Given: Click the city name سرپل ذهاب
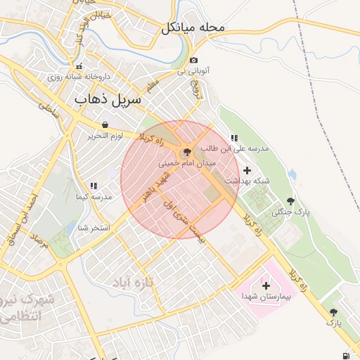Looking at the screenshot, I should point(108,100).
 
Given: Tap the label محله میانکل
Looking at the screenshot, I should point(193,27).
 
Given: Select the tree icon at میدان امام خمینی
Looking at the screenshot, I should point(187,151).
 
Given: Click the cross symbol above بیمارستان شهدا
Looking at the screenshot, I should point(266,285).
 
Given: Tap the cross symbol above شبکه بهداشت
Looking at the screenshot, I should point(247,170).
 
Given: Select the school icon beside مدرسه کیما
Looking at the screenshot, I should point(94,186).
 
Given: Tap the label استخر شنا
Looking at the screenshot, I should point(93,227).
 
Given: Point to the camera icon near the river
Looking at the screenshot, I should point(194,60).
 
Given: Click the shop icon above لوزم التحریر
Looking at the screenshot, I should point(105,124).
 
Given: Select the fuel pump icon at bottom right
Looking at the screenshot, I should point(345,354).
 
